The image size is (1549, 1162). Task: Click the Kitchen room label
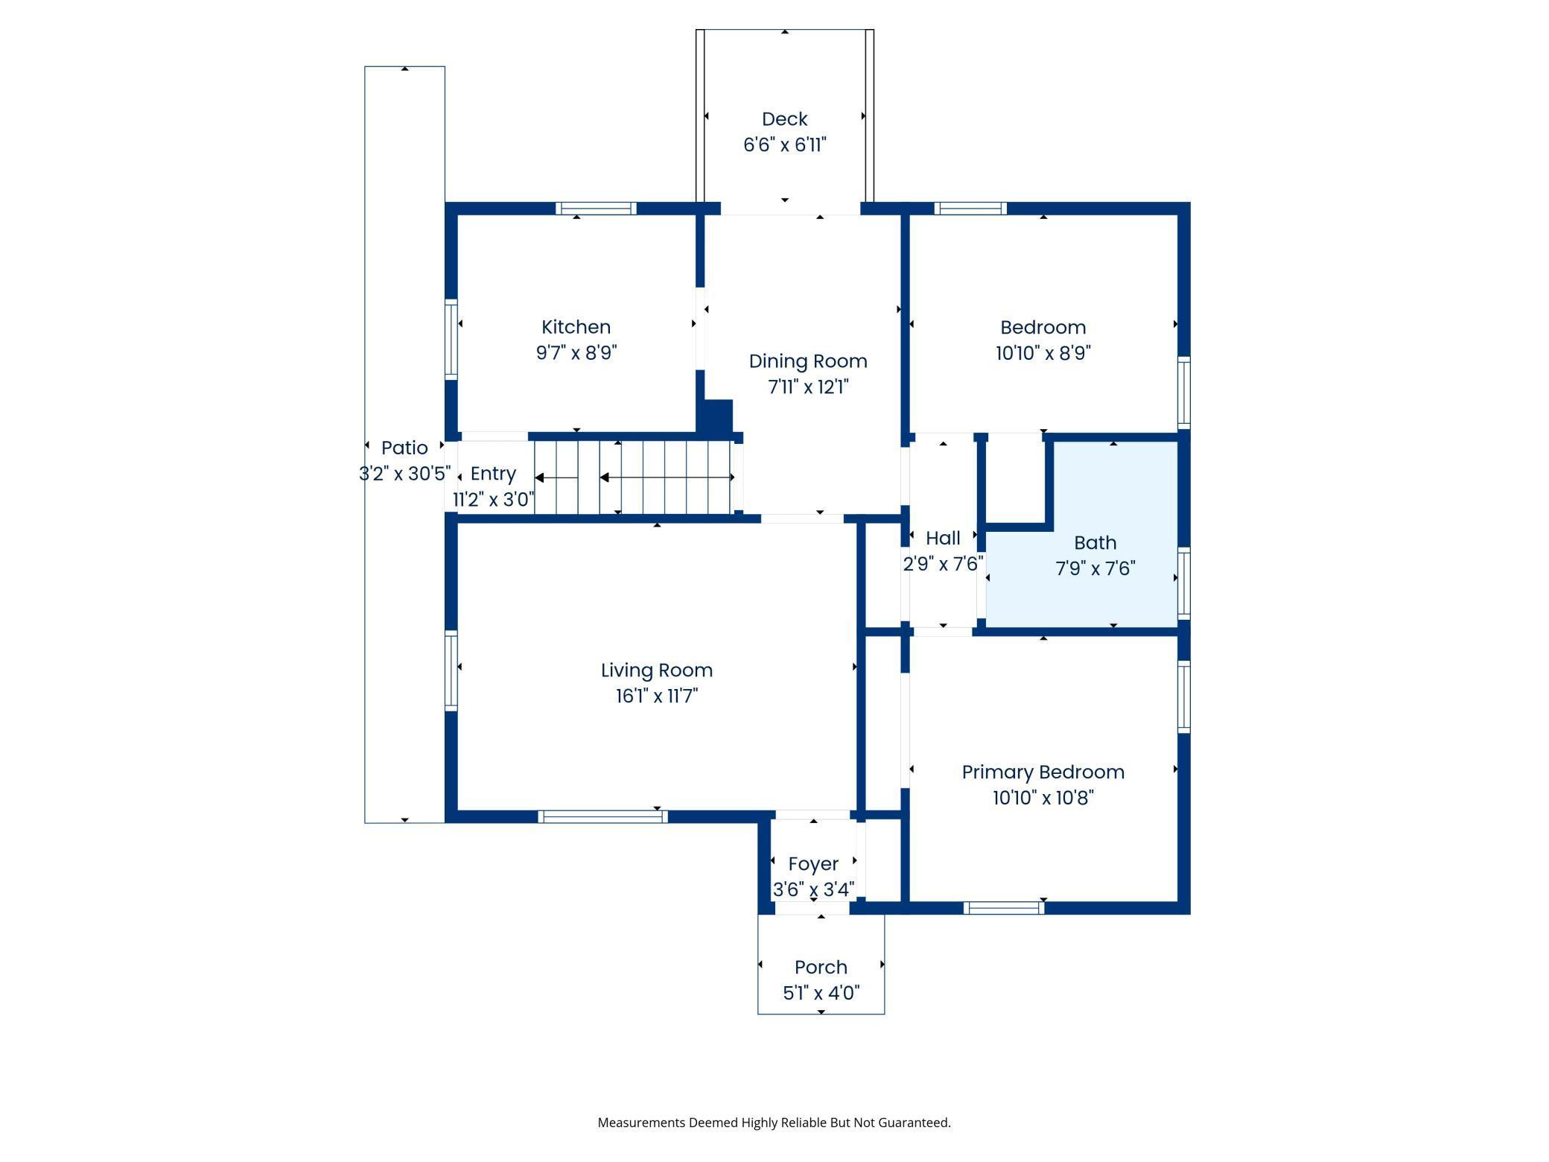[576, 327]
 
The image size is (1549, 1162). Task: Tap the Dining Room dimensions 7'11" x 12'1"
[808, 387]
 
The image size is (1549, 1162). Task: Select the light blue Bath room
[1095, 588]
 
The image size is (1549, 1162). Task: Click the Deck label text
[784, 119]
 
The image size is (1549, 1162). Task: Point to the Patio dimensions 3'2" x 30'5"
[404, 474]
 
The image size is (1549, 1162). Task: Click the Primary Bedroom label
[1043, 772]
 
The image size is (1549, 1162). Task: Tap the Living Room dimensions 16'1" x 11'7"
[656, 696]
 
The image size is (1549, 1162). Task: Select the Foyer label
[813, 864]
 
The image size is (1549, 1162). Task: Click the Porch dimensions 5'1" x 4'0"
[821, 993]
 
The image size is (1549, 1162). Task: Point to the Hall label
[943, 538]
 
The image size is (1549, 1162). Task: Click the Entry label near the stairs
[493, 474]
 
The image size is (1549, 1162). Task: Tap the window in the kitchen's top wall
[596, 209]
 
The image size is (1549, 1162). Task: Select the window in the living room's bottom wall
[602, 816]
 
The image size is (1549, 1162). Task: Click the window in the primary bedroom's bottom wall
[1004, 907]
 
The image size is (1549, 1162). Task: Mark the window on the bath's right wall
[1183, 583]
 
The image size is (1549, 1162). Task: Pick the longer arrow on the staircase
[667, 477]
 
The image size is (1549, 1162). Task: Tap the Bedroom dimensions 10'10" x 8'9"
[1043, 353]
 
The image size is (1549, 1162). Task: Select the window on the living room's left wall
[451, 670]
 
